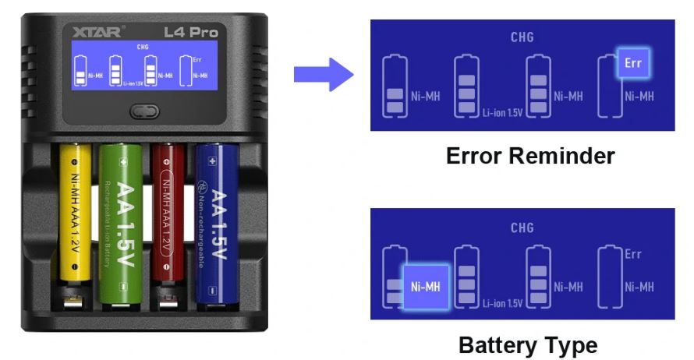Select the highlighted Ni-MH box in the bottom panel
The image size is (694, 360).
[x=425, y=287]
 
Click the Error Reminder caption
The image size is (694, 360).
[x=529, y=157]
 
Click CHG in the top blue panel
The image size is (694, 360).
[x=522, y=37]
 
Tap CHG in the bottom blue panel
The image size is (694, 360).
[x=522, y=228]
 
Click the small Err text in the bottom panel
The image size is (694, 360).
[x=633, y=255]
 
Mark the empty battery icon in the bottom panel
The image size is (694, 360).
[x=609, y=279]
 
